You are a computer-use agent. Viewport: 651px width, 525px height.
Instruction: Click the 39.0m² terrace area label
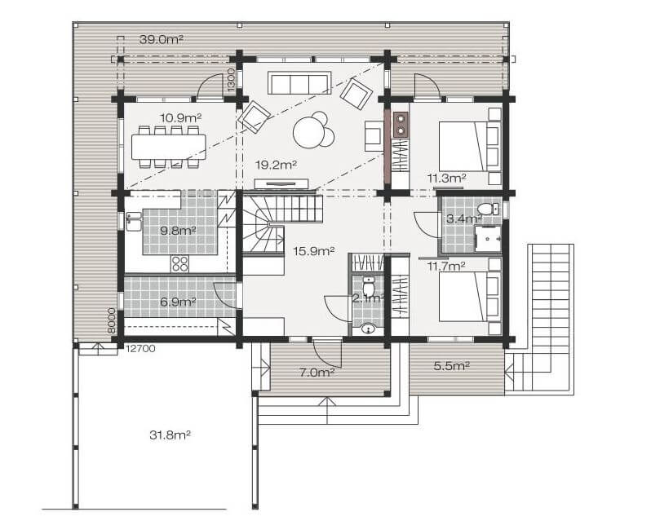point(162,39)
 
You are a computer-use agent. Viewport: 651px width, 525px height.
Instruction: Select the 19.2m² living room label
point(276,165)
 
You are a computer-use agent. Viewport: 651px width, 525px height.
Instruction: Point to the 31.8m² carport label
point(170,435)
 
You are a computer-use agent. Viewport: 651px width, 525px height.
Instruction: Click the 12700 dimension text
point(140,349)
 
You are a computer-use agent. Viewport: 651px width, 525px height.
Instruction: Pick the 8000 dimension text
point(111,321)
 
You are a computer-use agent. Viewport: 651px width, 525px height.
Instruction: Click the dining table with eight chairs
point(169,147)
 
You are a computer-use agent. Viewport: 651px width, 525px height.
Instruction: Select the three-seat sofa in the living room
point(299,83)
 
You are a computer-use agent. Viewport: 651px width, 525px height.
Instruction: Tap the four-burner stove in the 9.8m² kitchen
point(179,263)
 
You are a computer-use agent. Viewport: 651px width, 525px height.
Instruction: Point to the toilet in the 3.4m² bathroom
point(488,209)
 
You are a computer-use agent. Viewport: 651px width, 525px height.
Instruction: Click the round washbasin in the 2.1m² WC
point(367,329)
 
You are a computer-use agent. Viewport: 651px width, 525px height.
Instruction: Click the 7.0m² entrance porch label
point(317,373)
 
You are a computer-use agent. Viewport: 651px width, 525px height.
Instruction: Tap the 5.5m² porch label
point(452,366)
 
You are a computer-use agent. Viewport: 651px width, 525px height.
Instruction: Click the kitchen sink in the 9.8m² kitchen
point(134,221)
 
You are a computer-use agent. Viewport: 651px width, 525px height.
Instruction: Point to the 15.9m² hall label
point(314,250)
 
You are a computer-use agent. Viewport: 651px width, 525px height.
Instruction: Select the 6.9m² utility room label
point(178,302)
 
